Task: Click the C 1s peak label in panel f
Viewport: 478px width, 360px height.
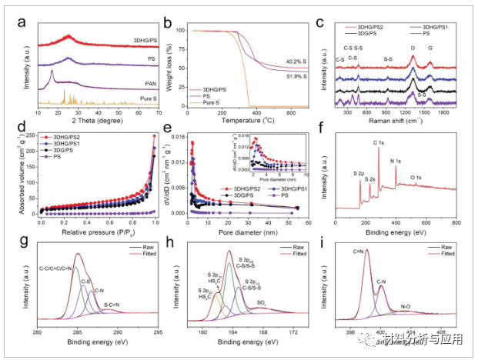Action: pyautogui.click(x=378, y=143)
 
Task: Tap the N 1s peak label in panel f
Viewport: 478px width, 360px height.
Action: pyautogui.click(x=397, y=161)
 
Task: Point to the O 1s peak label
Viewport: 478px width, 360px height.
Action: pyautogui.click(x=416, y=178)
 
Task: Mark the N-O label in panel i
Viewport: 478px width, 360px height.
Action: pyautogui.click(x=406, y=305)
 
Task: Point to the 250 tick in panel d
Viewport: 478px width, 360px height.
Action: pyautogui.click(x=31, y=136)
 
